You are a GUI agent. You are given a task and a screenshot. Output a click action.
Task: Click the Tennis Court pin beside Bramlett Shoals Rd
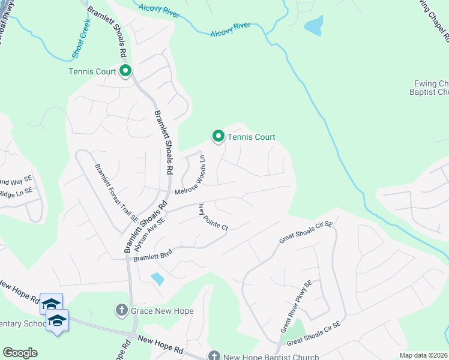(125, 72)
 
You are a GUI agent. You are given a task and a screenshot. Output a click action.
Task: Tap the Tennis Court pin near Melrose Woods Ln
(218, 137)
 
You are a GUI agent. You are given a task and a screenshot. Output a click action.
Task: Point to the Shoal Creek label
(80, 38)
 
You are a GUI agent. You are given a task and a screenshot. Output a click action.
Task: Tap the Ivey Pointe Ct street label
(214, 217)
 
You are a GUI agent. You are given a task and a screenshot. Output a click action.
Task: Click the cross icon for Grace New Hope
(121, 310)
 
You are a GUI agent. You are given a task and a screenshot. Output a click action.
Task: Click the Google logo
(20, 353)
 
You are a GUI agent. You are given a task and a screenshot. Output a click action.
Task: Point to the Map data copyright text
(424, 355)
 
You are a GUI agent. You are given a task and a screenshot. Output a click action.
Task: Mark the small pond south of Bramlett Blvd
(157, 278)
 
